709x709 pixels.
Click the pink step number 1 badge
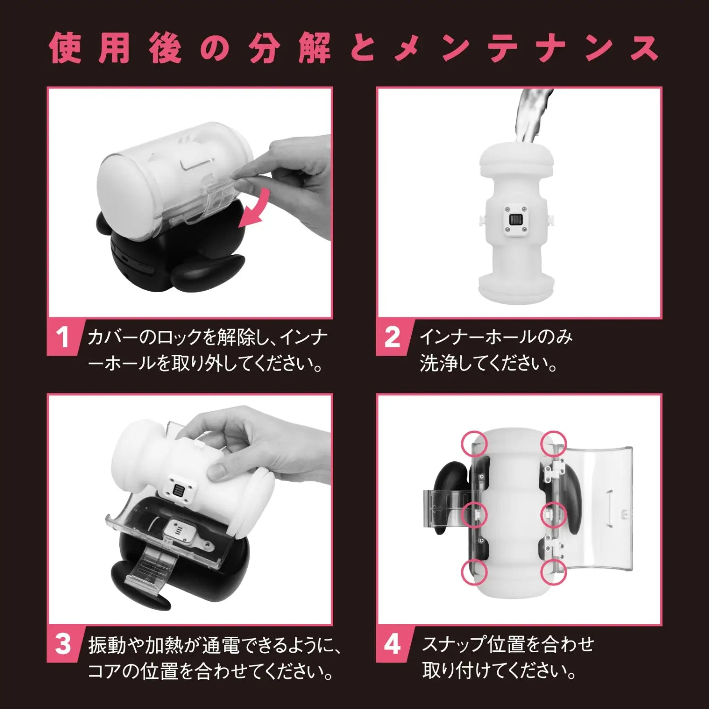tap(63, 338)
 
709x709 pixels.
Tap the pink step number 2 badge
tap(393, 338)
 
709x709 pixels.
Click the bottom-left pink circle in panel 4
tap(474, 572)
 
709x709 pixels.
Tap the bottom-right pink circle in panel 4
tap(553, 572)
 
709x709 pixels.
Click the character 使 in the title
tap(66, 48)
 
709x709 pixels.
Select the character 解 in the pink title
tap(314, 48)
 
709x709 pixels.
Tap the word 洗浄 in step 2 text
tap(433, 364)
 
